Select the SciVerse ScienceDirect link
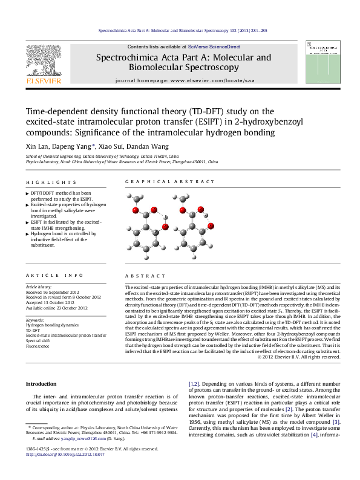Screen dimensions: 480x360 pos(214,47)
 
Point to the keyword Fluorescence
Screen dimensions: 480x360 pos(38,346)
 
